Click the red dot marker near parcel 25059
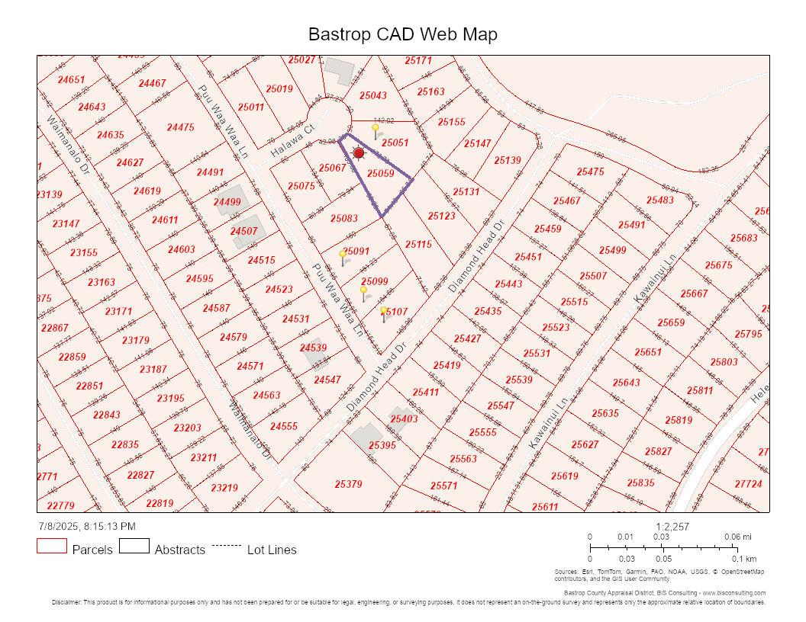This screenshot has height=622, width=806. [359, 153]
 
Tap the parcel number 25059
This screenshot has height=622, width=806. [380, 174]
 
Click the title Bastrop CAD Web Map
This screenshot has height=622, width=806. [402, 34]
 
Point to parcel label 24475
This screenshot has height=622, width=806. [181, 127]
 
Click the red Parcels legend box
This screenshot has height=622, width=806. [52, 547]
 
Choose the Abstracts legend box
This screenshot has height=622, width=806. [134, 547]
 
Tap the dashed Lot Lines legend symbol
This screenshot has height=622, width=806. [226, 546]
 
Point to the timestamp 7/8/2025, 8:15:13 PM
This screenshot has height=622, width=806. [87, 527]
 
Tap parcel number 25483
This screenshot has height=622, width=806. [660, 200]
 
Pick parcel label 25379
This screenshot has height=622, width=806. [348, 484]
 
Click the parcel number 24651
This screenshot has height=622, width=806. [71, 80]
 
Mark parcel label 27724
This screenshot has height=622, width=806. [748, 484]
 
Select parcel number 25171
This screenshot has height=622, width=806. [418, 61]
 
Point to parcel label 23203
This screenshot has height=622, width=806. [187, 428]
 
